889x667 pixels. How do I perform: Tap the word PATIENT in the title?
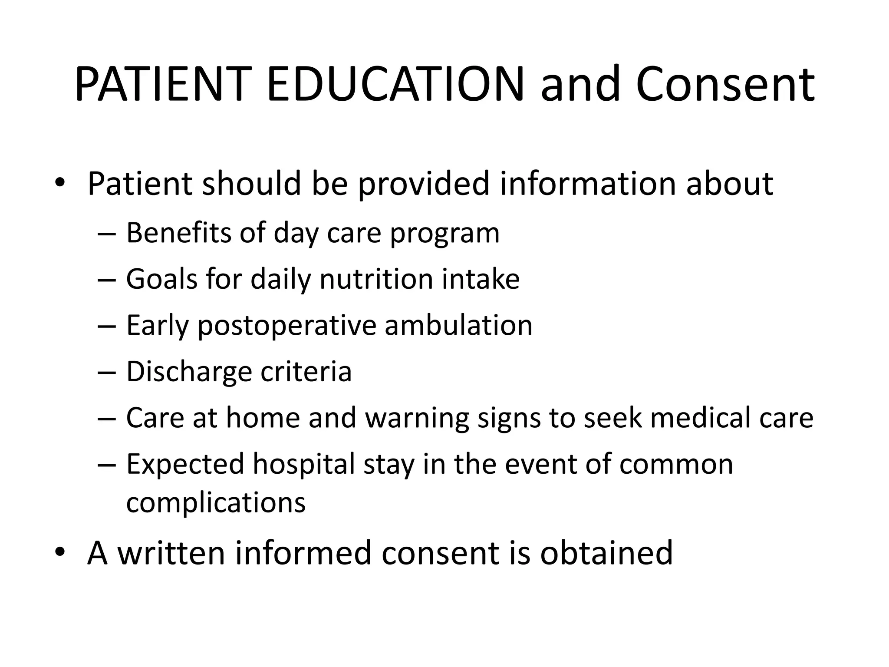(x=161, y=84)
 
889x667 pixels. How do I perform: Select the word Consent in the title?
(x=725, y=84)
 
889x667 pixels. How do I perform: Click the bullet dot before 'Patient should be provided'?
(x=59, y=183)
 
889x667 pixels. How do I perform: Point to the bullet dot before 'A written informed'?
(x=59, y=552)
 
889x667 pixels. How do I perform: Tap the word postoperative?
(x=287, y=326)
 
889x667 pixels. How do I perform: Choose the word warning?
(x=417, y=418)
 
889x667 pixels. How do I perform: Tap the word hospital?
(x=304, y=465)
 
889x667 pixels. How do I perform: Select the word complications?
(x=216, y=502)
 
